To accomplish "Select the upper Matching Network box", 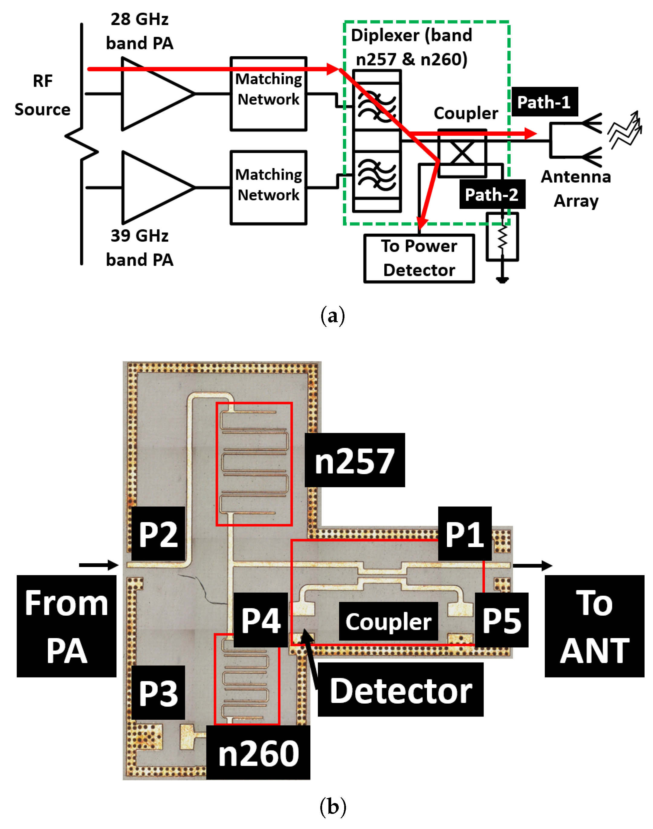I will [x=268, y=94].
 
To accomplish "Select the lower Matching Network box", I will [x=268, y=187].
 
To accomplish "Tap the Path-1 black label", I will [x=545, y=102].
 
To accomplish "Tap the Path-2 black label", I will [x=492, y=195].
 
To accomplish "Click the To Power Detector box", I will [x=419, y=258].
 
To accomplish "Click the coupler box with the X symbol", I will [x=462, y=153].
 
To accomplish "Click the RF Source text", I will [x=42, y=95].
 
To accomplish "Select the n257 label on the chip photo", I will [x=354, y=460].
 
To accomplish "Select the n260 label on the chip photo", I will [x=258, y=753].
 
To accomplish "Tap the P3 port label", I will [x=158, y=693].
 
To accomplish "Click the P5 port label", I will [x=501, y=620].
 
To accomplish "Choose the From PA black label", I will [x=66, y=626].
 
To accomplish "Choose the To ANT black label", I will [x=594, y=626].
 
